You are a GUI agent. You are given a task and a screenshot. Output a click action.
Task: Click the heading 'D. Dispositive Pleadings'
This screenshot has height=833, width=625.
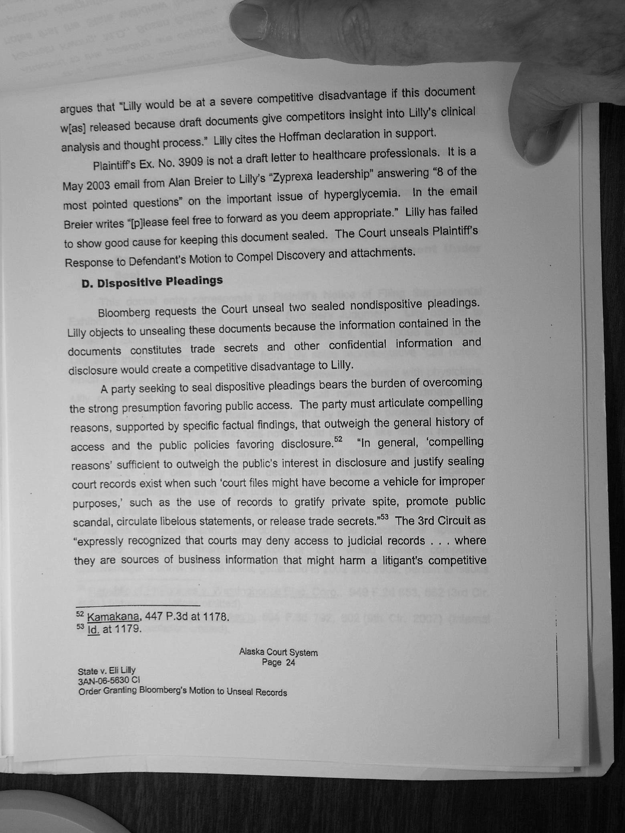tap(152, 282)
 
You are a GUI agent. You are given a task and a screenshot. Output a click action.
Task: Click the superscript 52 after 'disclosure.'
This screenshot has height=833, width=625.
tap(338, 439)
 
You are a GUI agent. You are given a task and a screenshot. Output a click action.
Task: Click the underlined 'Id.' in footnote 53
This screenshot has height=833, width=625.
tap(93, 629)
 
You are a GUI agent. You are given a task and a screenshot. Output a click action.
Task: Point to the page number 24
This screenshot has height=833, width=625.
tap(290, 662)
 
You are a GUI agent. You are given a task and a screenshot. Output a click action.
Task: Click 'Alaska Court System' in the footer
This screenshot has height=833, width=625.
tap(278, 652)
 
